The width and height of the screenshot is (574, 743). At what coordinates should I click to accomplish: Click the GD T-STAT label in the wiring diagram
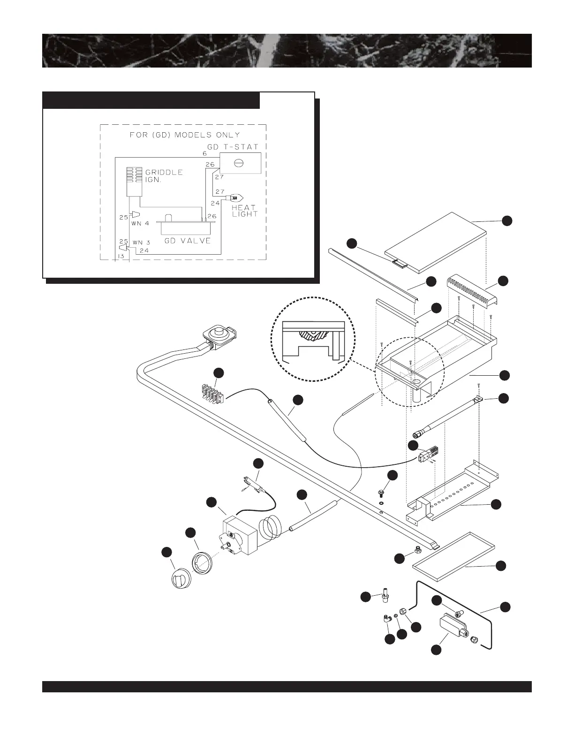point(233,147)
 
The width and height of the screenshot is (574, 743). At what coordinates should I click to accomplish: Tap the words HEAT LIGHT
point(244,211)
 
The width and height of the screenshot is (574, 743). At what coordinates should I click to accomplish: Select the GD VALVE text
point(187,241)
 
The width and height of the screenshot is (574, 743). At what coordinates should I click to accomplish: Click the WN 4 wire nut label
point(140,223)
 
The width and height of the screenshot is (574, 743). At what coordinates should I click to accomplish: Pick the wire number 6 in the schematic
point(205,154)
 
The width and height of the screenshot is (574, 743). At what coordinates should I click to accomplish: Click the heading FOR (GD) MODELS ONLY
point(184,135)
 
